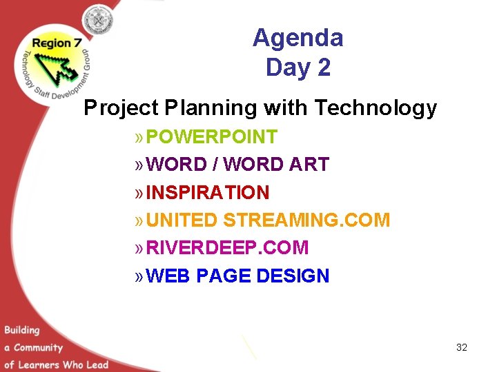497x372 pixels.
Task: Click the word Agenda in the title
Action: click(298, 38)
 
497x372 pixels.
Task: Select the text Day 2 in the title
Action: click(298, 68)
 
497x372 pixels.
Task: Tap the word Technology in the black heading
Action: click(376, 108)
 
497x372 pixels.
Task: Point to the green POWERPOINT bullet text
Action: click(212, 137)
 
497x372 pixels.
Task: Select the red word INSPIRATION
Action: click(208, 192)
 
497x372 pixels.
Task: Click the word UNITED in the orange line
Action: click(182, 220)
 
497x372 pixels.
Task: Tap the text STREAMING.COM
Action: click(306, 220)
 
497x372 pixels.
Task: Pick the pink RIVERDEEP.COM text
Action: click(228, 248)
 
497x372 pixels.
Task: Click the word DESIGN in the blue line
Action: click(293, 276)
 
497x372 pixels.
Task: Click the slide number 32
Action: click(462, 347)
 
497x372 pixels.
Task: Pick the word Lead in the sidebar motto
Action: click(97, 364)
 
